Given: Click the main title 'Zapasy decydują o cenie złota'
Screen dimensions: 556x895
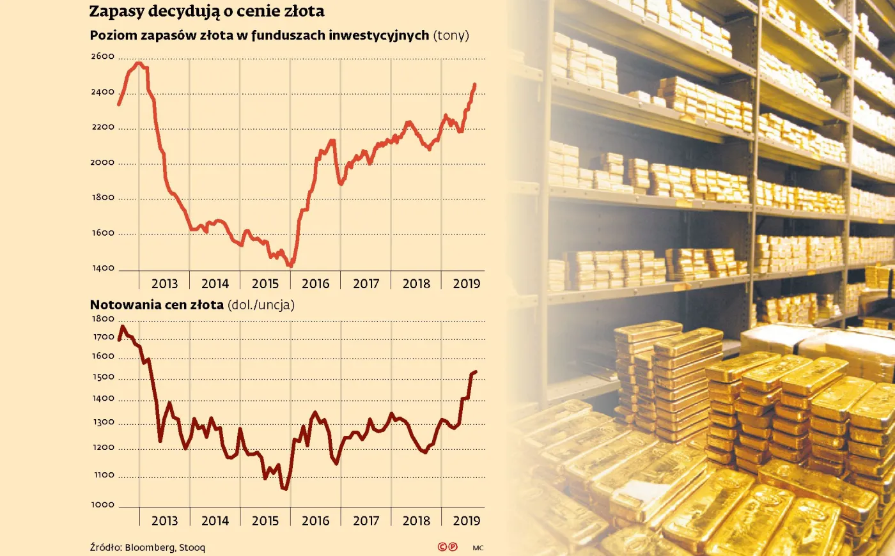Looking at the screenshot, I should pyautogui.click(x=206, y=12).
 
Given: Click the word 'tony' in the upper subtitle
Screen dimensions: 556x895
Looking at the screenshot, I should pyautogui.click(x=451, y=35).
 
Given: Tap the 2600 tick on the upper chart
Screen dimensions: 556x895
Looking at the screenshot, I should pyautogui.click(x=102, y=56).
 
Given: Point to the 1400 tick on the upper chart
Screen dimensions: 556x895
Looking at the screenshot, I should pyautogui.click(x=102, y=268).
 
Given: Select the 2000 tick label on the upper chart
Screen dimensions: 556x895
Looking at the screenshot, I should pyautogui.click(x=102, y=162).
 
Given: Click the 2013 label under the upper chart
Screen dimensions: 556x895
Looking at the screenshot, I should pyautogui.click(x=164, y=284).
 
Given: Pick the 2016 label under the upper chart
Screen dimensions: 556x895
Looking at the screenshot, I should pyautogui.click(x=315, y=284).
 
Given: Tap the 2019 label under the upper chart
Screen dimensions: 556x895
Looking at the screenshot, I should pyautogui.click(x=466, y=284).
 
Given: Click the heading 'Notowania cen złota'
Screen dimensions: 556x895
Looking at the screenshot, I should pyautogui.click(x=157, y=305).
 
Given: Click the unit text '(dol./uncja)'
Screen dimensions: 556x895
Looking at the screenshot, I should pyautogui.click(x=261, y=305).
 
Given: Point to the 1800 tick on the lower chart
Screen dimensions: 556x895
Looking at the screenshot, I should pyautogui.click(x=102, y=319).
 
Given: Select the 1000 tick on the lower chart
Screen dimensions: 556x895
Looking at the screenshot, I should pyautogui.click(x=102, y=505).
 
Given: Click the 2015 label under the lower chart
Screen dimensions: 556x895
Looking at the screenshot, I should pyautogui.click(x=265, y=521).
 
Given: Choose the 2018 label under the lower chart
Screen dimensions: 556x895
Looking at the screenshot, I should pyautogui.click(x=416, y=521).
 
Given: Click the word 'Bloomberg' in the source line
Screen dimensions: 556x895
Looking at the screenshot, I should pyautogui.click(x=150, y=548).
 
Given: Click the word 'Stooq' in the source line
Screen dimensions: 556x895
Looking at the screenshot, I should pyautogui.click(x=192, y=548).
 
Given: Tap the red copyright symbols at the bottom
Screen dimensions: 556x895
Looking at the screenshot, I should pyautogui.click(x=447, y=547).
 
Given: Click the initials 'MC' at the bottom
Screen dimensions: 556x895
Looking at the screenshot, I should pyautogui.click(x=478, y=548).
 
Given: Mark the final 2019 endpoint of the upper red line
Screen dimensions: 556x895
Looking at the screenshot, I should pyautogui.click(x=474, y=84).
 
